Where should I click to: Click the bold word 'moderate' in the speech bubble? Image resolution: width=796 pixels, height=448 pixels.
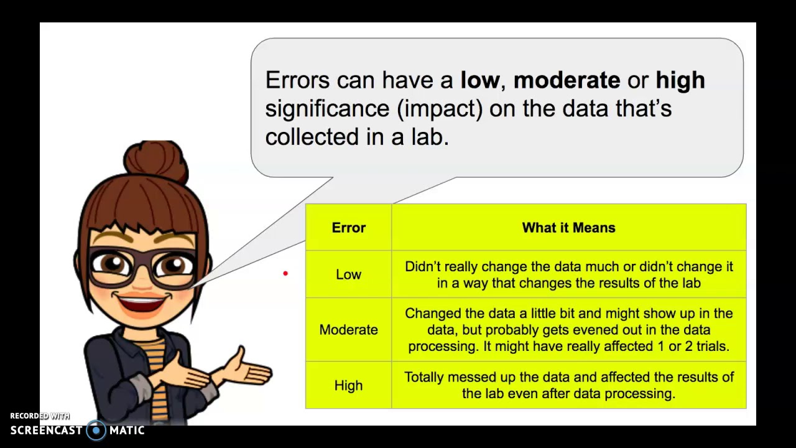(x=567, y=80)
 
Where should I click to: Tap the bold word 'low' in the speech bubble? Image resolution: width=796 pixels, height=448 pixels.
(x=479, y=80)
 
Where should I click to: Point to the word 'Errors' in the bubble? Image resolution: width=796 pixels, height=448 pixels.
(x=297, y=80)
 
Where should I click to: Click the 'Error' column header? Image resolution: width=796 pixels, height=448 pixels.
(x=349, y=228)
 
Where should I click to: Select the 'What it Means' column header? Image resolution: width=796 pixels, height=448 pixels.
(x=568, y=228)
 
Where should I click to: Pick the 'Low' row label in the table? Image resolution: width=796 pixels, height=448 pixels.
(x=348, y=274)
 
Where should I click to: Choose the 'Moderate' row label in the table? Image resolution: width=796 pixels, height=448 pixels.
(x=348, y=330)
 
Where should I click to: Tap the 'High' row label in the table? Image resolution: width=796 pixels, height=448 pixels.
(x=348, y=386)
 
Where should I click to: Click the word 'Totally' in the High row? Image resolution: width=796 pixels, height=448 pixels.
(x=423, y=377)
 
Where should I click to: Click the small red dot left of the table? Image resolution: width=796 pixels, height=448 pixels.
(x=285, y=273)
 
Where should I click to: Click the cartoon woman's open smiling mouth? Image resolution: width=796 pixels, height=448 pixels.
(x=142, y=304)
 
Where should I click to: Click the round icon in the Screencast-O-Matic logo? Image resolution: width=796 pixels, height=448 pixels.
(x=96, y=431)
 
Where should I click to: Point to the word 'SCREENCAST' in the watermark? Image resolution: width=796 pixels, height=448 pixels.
(x=46, y=431)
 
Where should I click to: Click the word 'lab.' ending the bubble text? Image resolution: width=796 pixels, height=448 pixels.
(x=430, y=138)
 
